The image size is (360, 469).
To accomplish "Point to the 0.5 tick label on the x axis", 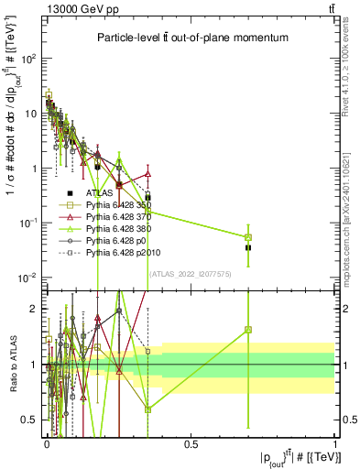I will [190, 443].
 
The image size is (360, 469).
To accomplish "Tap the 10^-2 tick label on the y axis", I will [28, 278].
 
